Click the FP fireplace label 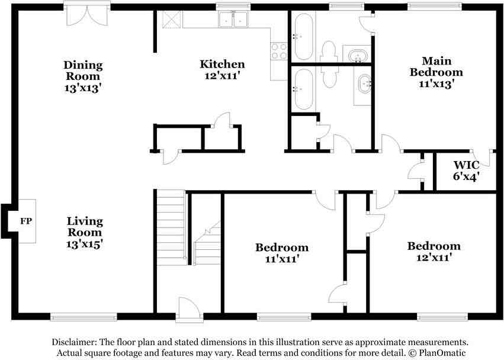(x=26, y=221)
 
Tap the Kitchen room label (x=222, y=64)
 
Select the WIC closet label (x=467, y=165)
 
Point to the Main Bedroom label (x=436, y=66)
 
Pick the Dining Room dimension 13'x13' (x=83, y=88)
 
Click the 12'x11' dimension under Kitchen (x=223, y=76)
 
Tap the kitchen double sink (x=233, y=20)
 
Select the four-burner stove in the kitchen (x=279, y=52)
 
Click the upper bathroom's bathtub (x=303, y=36)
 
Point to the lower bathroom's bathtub (x=303, y=89)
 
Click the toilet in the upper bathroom (x=329, y=52)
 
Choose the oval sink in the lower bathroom (x=364, y=83)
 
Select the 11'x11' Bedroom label (x=282, y=253)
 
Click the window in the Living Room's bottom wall (x=84, y=317)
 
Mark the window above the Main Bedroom (x=435, y=6)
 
